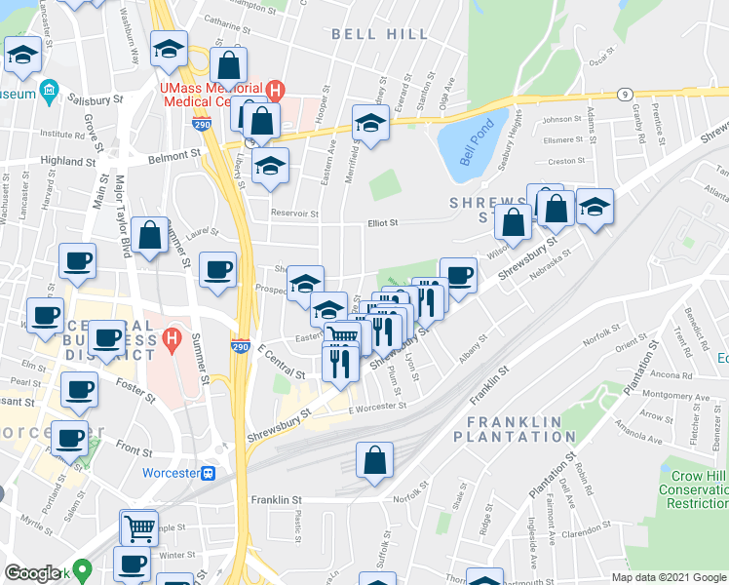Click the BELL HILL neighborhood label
pos(379,34)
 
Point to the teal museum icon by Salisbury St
pos(48,94)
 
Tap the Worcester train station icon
pos(208,473)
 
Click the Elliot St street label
pos(383,223)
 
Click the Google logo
pos(31,573)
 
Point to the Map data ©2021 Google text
pos(668,577)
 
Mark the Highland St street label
pos(67,161)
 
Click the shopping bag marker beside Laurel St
pos(150,236)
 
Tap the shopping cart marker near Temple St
pos(139,527)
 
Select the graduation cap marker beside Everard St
pos(370,124)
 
